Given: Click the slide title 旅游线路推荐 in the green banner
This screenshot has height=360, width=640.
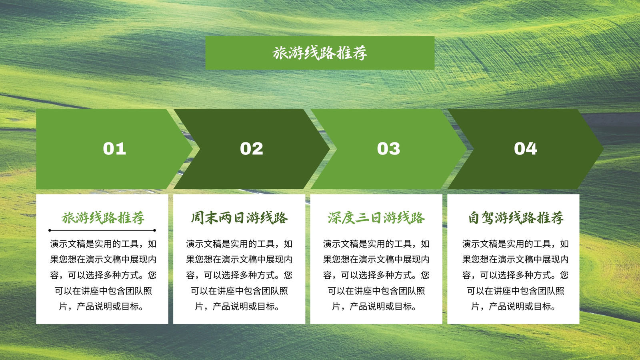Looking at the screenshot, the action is pos(320,53).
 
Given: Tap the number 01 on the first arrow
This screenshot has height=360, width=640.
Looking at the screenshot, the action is pos(114,148).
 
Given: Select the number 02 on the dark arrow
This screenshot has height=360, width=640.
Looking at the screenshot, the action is pos(252,148).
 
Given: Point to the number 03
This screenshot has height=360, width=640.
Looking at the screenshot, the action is pos(388,148).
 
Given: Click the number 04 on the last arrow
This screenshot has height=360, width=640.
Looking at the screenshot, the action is pos(526,148).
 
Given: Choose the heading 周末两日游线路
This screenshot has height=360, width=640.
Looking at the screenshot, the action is pos(240,218).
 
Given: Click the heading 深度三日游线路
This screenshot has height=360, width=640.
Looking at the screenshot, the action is pos(376,218).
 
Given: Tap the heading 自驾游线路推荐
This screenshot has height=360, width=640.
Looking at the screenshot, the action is pos(516,218).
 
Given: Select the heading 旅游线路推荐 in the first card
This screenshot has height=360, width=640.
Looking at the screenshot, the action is pos(103,218).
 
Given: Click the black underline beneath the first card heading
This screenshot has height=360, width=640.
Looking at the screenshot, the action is pos(102,230).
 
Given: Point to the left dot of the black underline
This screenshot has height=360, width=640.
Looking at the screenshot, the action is pos(50,230).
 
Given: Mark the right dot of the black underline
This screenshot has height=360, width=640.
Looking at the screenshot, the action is pos(154,230).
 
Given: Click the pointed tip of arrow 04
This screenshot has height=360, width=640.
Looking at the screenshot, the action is pos(603,148).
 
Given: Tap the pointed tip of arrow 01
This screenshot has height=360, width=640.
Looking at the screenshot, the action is pos(192,148).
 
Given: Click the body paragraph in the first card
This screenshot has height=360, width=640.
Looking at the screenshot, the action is pos(103,275).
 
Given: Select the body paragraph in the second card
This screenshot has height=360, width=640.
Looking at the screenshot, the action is pos(240,275).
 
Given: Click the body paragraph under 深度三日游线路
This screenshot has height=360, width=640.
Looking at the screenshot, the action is pos(376,275).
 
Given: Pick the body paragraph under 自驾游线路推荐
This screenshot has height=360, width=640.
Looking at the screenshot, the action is pos(516,275).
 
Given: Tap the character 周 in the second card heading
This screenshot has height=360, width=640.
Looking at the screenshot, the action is pos(197,218).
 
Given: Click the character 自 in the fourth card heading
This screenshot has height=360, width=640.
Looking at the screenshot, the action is pos(474,218).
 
